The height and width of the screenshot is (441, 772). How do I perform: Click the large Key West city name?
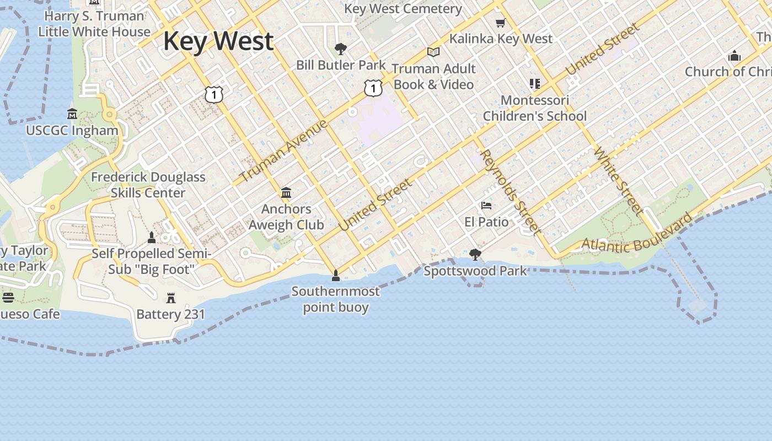click(x=218, y=41)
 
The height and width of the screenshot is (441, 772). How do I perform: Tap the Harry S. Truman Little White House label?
click(x=94, y=24)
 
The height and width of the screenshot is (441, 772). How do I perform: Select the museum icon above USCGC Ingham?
click(x=72, y=114)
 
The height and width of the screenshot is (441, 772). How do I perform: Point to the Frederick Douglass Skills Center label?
click(x=148, y=185)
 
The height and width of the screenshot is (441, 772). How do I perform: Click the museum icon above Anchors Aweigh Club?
click(x=286, y=193)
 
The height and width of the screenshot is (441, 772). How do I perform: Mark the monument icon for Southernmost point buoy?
click(x=335, y=275)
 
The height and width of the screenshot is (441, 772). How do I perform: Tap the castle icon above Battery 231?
click(x=171, y=298)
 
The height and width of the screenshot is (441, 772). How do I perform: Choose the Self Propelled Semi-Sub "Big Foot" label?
click(x=151, y=261)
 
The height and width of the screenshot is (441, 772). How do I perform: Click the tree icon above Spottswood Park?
click(x=475, y=255)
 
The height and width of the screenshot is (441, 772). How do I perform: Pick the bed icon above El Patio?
click(x=486, y=206)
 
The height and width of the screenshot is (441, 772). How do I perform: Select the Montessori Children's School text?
click(x=535, y=108)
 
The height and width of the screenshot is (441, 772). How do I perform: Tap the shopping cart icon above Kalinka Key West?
click(x=500, y=23)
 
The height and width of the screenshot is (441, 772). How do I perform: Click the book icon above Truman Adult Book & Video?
click(x=433, y=52)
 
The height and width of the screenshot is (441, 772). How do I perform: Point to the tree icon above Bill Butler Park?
click(x=341, y=49)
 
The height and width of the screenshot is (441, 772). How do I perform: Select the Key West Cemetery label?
click(x=403, y=9)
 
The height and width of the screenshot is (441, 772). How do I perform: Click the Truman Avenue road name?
click(x=285, y=150)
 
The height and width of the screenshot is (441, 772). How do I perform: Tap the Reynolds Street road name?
click(x=509, y=191)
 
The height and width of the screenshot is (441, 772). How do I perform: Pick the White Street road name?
click(x=619, y=180)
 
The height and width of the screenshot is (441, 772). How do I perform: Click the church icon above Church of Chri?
click(x=734, y=56)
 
